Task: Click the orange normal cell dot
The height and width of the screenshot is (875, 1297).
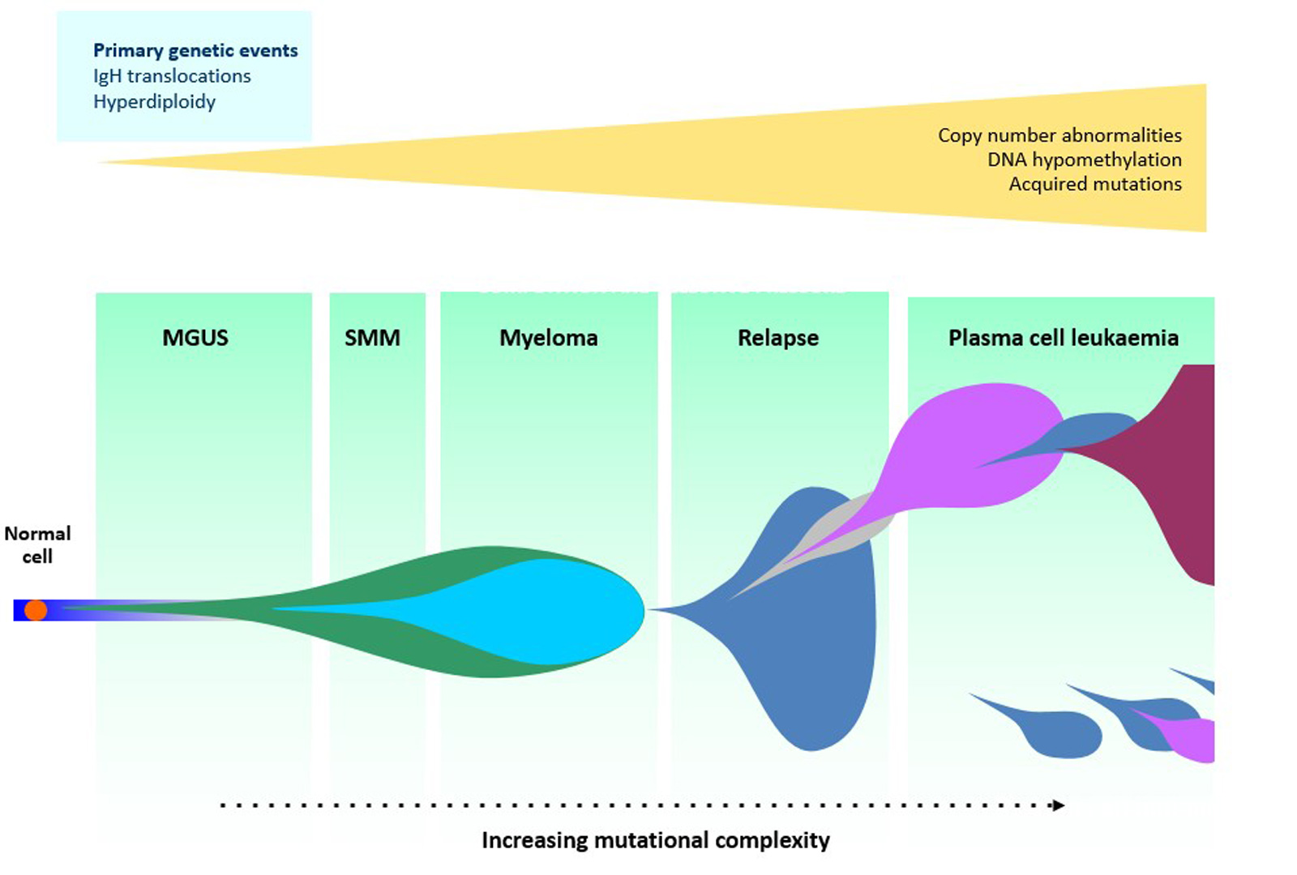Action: click(x=36, y=610)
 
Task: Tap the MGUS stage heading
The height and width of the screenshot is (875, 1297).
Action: click(x=195, y=337)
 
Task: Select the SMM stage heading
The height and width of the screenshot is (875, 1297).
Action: click(x=372, y=337)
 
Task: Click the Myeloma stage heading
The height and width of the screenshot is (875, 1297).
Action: click(x=549, y=337)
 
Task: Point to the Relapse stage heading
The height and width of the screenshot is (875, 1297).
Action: click(x=778, y=337)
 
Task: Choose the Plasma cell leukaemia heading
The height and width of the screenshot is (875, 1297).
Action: click(x=1063, y=337)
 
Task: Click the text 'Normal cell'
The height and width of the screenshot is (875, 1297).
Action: click(x=37, y=544)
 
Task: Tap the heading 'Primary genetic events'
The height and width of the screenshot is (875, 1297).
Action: click(x=195, y=50)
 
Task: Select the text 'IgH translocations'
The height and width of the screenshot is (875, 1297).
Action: click(x=172, y=76)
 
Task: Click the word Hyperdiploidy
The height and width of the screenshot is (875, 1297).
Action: click(x=154, y=102)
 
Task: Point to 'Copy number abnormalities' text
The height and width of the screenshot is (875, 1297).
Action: click(x=1059, y=135)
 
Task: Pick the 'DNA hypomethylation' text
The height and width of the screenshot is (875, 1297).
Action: click(x=1084, y=160)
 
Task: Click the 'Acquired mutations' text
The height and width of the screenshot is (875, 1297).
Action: click(x=1094, y=184)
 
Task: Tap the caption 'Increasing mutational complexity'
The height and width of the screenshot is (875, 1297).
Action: click(x=655, y=840)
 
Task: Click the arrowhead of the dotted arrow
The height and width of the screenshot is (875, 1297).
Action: click(x=1058, y=805)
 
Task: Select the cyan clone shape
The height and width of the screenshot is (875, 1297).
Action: click(x=551, y=612)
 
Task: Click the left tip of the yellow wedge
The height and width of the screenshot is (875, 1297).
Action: click(x=105, y=162)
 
